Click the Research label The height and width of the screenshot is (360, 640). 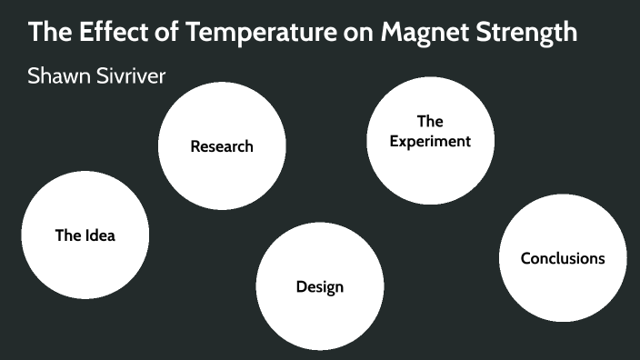222,146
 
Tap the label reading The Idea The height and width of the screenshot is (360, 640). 85,235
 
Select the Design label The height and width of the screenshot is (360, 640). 320,287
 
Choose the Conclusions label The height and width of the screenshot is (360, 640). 563,258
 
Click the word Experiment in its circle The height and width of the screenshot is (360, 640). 430,141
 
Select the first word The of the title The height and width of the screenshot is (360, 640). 48,33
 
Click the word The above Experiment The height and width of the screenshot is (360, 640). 430,121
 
